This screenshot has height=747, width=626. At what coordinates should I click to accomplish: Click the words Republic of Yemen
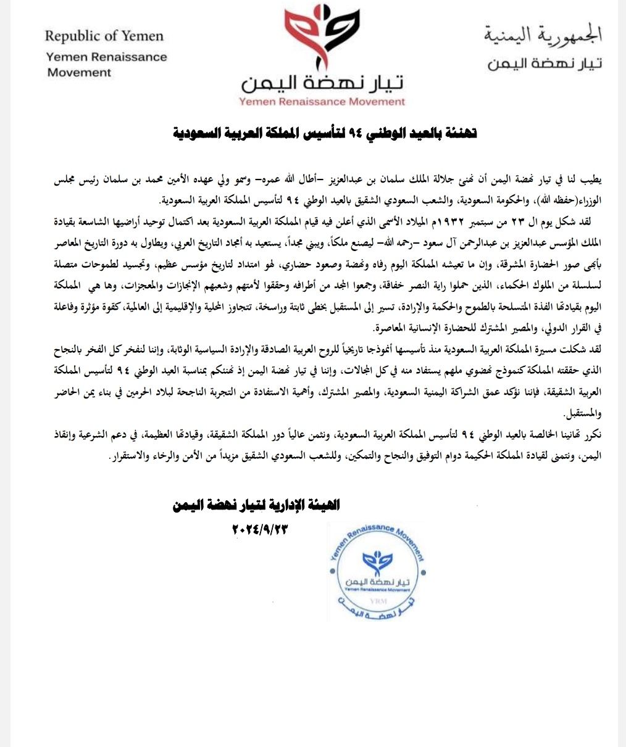pos(104,36)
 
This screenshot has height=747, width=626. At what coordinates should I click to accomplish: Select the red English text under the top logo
pos(322,102)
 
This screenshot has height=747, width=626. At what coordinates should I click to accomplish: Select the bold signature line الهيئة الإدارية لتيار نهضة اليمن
pos(257,506)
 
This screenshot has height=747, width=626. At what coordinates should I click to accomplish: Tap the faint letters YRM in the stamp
pos(375,600)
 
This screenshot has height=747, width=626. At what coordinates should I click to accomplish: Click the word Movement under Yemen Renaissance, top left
pos(79,72)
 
